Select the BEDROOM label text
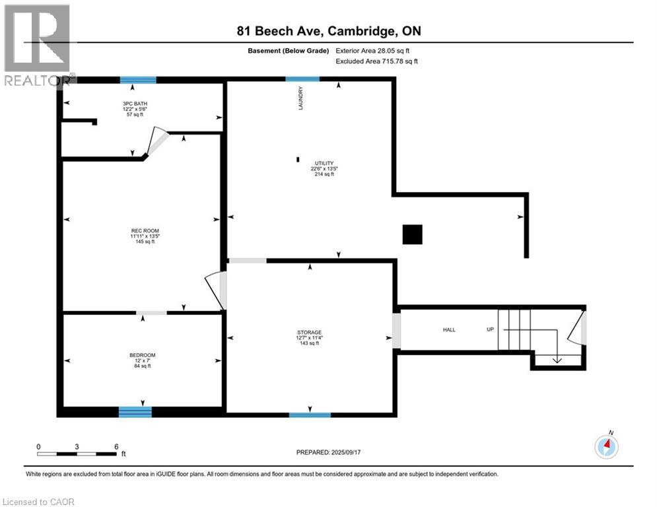pos(142,355)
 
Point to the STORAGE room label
pos(309,332)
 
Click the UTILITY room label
pos(324,163)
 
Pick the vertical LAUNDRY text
pos(301,98)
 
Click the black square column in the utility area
pos(413,234)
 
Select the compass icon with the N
pos(606,446)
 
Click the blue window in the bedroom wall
pos(135,412)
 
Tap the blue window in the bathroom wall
pos(138,80)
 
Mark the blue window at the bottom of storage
pos(310,415)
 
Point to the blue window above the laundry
pos(302,79)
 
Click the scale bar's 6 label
pos(116,446)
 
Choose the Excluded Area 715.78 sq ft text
pos(376,61)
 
